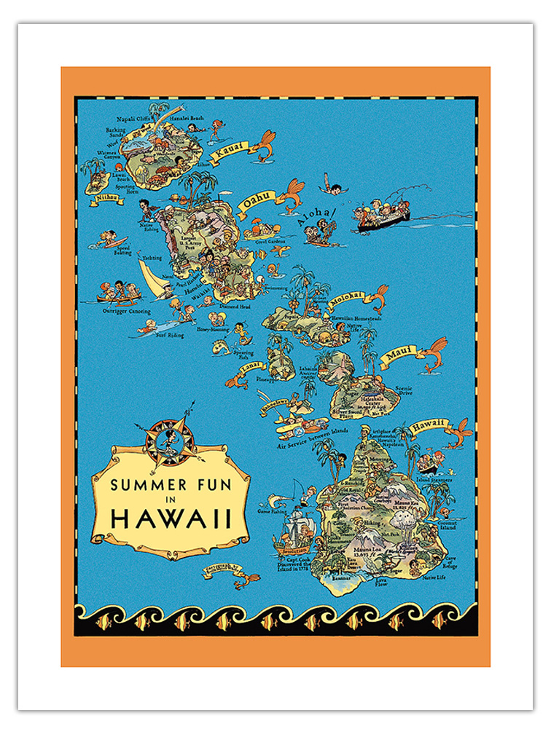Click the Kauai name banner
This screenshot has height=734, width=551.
tap(232, 150)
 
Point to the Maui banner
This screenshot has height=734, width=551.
tap(400, 352)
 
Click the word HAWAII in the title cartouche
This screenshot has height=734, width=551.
tap(171, 518)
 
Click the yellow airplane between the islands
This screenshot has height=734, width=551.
tap(292, 422)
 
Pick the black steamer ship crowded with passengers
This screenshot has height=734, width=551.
tap(383, 218)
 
